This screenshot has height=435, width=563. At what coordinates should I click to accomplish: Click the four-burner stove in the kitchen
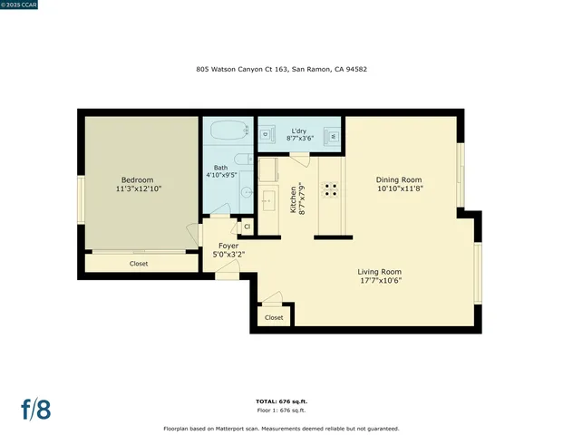pos(332,189)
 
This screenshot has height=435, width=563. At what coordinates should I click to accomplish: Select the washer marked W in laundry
pos(332,135)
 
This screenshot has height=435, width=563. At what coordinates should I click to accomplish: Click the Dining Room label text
pos(400,179)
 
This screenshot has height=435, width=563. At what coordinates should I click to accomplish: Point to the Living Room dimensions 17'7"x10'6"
pos(379,281)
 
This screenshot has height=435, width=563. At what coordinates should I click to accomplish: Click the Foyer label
pos(228,246)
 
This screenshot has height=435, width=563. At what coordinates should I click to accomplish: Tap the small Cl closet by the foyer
pos(246,227)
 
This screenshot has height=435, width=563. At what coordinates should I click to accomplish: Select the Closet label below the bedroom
pos(139,264)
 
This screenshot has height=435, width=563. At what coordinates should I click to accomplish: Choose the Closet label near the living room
pos(274,317)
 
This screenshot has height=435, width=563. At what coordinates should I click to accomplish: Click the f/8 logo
pos(36,409)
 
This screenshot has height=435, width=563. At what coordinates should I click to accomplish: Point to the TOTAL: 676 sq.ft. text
pos(281,401)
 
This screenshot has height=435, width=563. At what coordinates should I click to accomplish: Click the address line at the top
pos(281,69)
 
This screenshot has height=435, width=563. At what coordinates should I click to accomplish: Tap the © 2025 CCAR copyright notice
pos(24,5)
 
